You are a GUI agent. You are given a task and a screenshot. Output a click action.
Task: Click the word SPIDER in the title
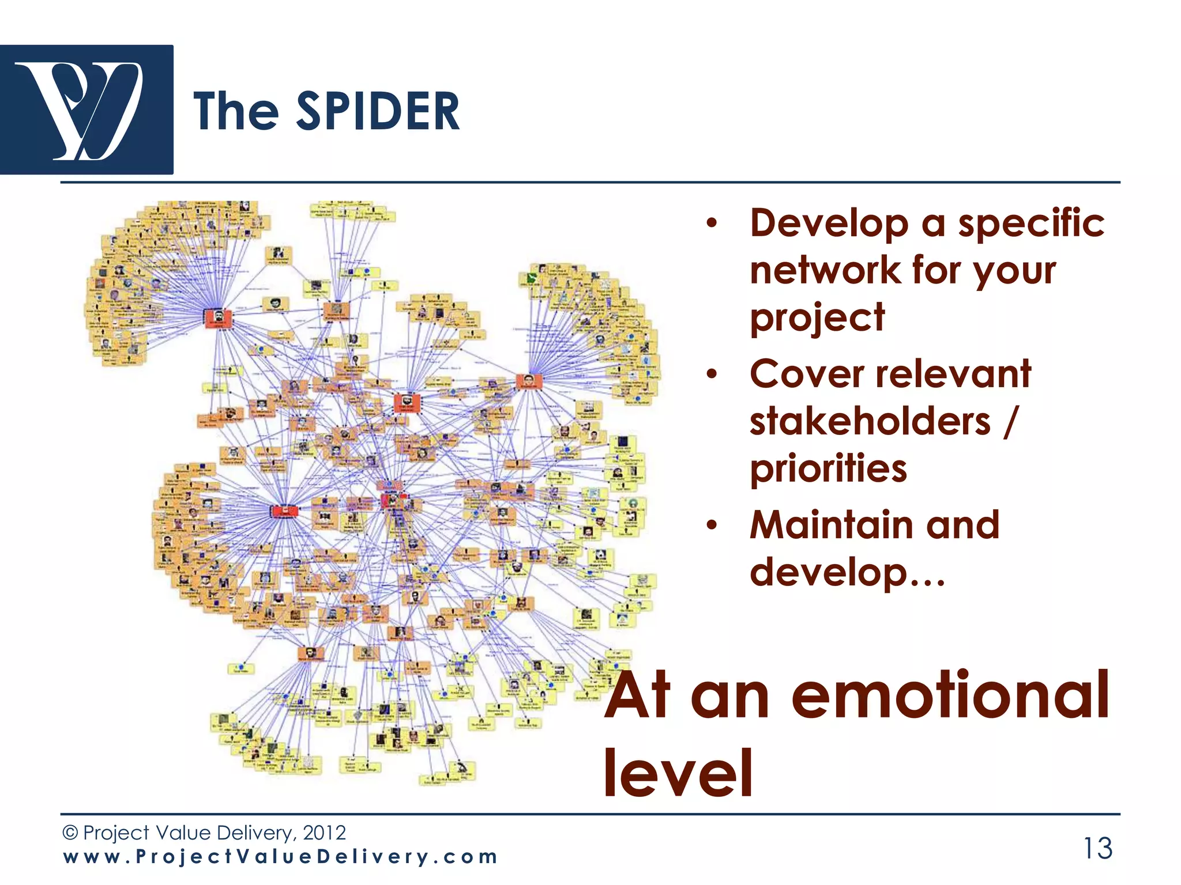[378, 112]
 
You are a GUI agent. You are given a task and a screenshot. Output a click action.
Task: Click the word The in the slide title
[236, 112]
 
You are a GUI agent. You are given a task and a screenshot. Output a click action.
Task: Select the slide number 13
[1097, 848]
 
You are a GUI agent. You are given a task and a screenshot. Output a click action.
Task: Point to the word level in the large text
[678, 773]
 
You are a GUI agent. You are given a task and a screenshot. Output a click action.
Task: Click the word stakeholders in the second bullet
[870, 421]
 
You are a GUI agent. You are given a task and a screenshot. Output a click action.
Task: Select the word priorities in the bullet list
[829, 468]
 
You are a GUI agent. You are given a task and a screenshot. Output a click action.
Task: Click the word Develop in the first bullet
[829, 224]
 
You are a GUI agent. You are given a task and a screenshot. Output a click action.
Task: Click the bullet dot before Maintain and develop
[713, 525]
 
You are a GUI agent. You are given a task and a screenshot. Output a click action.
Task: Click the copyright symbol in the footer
[70, 833]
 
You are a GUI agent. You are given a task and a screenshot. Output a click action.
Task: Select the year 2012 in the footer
[324, 833]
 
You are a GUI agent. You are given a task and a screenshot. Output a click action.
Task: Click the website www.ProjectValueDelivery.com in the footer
[280, 857]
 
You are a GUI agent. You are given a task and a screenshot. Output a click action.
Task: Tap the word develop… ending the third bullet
[847, 573]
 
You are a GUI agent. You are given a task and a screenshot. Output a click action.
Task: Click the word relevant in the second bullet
[954, 375]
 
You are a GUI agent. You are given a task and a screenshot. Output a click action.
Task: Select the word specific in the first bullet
[1031, 224]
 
